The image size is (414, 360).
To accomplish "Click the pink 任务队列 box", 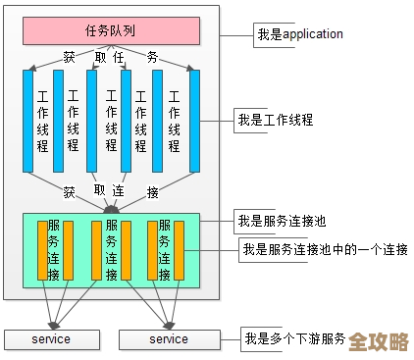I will (x=110, y=31).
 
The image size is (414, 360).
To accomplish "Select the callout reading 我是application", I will (x=299, y=34).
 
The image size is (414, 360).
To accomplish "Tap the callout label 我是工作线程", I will (x=275, y=121).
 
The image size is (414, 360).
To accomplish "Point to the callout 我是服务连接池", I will (x=275, y=218).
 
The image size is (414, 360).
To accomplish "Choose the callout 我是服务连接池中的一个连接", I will (x=324, y=249).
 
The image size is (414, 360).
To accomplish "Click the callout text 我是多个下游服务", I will (x=294, y=338).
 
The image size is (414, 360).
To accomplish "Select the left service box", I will (x=52, y=339).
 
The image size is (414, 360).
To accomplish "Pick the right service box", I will (x=168, y=339).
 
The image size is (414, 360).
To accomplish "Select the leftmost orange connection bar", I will (x=40, y=250).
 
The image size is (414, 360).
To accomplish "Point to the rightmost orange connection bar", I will (x=179, y=250).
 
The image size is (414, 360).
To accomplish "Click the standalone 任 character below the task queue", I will (x=118, y=57).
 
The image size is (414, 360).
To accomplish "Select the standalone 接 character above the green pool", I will (x=151, y=190).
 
